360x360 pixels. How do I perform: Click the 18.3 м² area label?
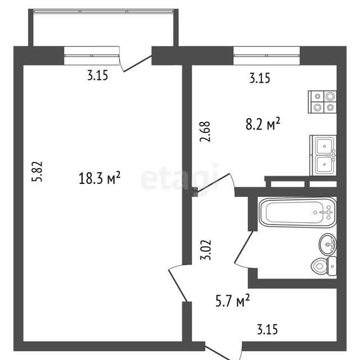(x=100, y=178)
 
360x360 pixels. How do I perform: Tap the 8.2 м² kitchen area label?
(x=263, y=124)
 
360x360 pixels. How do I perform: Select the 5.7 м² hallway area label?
(x=232, y=300)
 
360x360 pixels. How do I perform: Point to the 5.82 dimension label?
(x=37, y=172)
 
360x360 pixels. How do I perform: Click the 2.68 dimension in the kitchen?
(x=205, y=132)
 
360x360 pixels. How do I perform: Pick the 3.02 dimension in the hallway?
(x=205, y=250)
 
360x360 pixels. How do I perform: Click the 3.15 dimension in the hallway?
(x=267, y=329)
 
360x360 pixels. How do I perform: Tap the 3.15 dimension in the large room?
(x=97, y=75)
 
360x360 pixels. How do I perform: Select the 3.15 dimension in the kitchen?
(x=260, y=78)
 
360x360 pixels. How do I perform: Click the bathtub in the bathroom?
(x=298, y=213)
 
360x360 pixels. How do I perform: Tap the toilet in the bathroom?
(x=324, y=266)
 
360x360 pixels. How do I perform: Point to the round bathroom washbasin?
(x=327, y=244)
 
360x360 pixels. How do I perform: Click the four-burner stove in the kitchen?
(x=322, y=102)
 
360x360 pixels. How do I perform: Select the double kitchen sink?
(x=323, y=155)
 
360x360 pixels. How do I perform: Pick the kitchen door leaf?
(x=214, y=183)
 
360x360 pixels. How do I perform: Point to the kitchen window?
(x=267, y=56)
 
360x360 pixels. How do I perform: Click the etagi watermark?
(x=179, y=177)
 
